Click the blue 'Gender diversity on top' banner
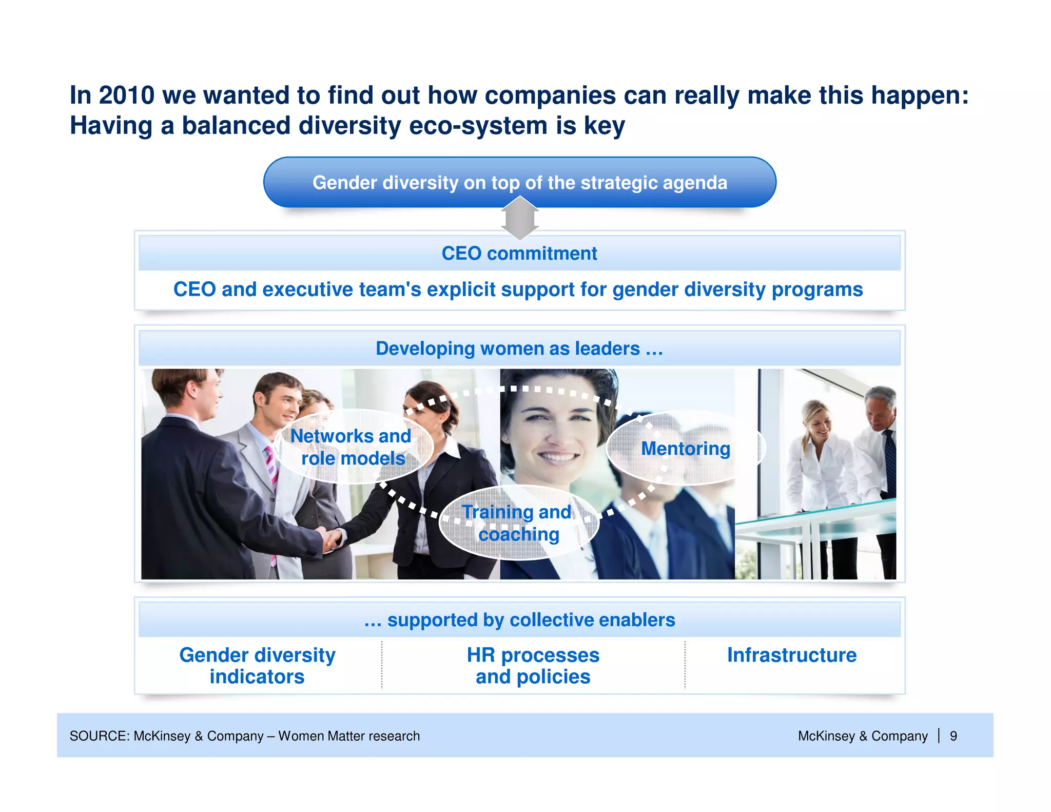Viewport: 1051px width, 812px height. tap(519, 183)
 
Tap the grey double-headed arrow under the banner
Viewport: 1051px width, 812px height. tap(519, 219)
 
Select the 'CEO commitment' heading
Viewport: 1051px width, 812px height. tap(519, 254)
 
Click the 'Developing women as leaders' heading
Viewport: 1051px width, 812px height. tap(519, 349)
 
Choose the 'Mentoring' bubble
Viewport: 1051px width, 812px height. tap(685, 449)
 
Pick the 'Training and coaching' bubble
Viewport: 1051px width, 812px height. tap(518, 523)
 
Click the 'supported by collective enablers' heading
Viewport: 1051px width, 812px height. tap(519, 620)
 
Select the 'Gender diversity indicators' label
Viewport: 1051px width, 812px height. tap(257, 666)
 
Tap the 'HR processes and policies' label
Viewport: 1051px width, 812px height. tap(533, 666)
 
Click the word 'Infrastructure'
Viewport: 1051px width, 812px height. tap(792, 655)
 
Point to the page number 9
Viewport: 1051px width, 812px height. tap(953, 736)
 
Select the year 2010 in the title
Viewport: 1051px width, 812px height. tap(126, 95)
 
